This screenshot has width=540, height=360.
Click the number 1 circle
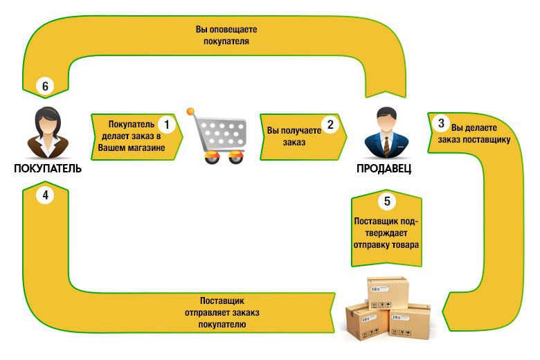click(x=167, y=125)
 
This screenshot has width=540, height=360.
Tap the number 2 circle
click(x=330, y=125)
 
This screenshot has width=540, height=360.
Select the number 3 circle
click(x=441, y=123)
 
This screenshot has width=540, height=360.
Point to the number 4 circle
click(x=46, y=195)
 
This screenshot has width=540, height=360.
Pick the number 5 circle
click(x=387, y=201)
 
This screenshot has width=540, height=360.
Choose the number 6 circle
click(x=46, y=86)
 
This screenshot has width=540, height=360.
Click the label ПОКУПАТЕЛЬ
click(x=48, y=168)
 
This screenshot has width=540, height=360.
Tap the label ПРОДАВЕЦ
click(x=384, y=168)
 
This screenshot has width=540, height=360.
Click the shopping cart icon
click(x=217, y=136)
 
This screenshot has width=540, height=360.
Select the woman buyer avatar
click(x=48, y=133)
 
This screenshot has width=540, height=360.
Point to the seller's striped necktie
click(x=387, y=146)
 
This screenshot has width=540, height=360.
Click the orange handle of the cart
click(x=190, y=111)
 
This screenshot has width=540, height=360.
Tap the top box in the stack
click(x=388, y=293)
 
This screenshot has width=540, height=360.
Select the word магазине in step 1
click(x=146, y=148)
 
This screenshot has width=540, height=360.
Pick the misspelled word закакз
click(x=246, y=313)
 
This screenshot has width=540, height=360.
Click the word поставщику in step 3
click(x=486, y=140)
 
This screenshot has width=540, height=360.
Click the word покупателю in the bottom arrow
click(x=222, y=325)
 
